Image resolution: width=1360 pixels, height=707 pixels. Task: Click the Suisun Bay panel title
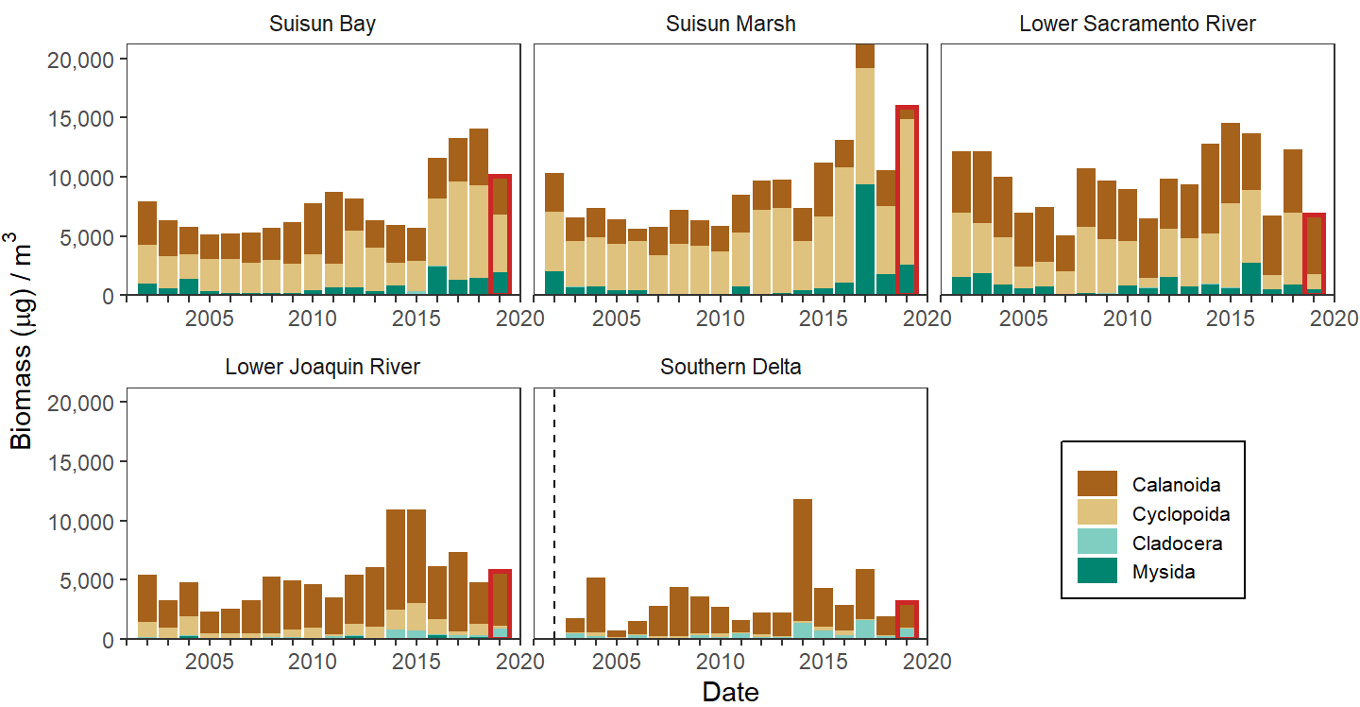[322, 25]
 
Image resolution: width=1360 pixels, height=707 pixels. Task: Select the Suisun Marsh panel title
[730, 25]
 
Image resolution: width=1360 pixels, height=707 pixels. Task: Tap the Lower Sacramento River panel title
[1137, 25]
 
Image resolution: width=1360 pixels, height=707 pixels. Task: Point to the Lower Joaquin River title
[322, 367]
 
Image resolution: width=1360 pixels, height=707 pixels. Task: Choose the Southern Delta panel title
[730, 367]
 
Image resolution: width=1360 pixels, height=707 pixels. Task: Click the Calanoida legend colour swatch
[1096, 485]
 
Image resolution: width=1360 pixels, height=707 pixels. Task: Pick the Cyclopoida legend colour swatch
[1096, 513]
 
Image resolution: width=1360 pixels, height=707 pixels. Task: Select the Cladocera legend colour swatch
[1096, 543]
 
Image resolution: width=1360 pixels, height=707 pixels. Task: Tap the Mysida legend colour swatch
[1096, 571]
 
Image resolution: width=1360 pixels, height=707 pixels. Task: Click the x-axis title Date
[730, 692]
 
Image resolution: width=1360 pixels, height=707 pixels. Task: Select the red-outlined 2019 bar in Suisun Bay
[500, 234]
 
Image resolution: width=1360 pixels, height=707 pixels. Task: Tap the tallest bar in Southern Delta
[803, 567]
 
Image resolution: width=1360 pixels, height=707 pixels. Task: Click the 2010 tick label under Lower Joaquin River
[313, 660]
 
